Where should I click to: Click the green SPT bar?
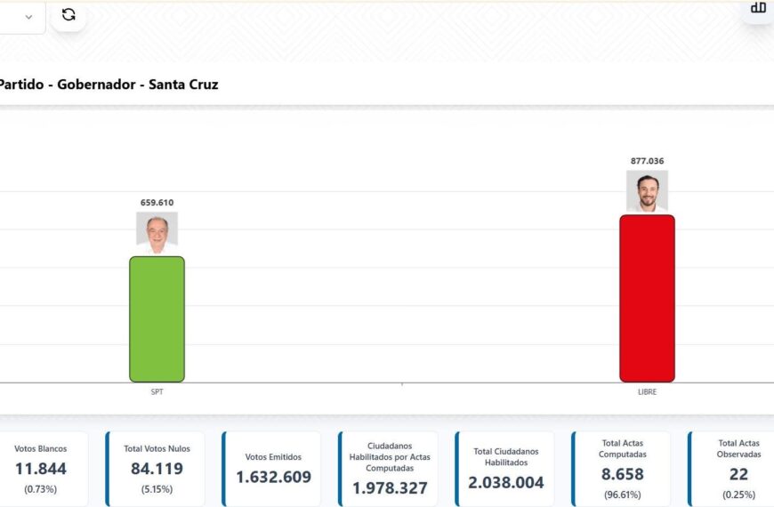157,318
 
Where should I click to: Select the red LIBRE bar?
647,298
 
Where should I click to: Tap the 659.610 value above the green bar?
157,203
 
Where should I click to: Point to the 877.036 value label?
647,161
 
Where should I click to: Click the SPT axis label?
157,391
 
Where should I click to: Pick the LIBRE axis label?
647,391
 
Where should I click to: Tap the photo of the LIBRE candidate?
647,191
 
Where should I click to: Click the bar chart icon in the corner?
758,8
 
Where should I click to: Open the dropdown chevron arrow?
29,16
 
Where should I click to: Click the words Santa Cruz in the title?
183,84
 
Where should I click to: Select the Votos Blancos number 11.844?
40,469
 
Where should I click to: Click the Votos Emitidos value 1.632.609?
273,477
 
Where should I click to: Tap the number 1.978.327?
390,488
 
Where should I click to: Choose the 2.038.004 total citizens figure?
505,482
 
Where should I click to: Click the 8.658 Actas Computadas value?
622,474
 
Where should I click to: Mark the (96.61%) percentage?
622,494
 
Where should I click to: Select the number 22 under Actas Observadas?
738,474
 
